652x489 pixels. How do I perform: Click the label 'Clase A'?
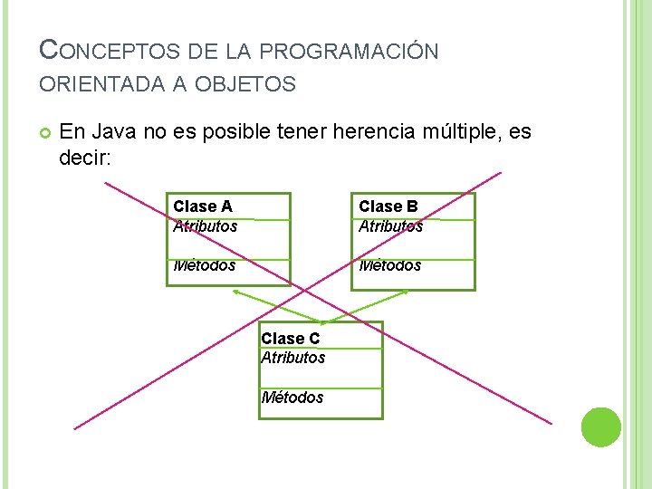tap(203, 206)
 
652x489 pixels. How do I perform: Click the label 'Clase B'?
tap(388, 206)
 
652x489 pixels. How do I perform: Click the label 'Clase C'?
tap(290, 339)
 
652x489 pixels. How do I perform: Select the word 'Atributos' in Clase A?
tap(205, 226)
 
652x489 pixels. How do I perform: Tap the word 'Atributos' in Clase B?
tap(390, 226)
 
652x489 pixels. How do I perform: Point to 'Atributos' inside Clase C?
tap(292, 358)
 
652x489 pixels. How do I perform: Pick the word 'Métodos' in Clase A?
tap(204, 265)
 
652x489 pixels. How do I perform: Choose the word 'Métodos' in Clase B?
tap(389, 265)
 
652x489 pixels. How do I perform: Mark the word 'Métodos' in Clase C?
tap(292, 398)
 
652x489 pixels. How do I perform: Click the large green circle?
tap(600, 427)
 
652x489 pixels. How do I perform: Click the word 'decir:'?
tap(84, 158)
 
